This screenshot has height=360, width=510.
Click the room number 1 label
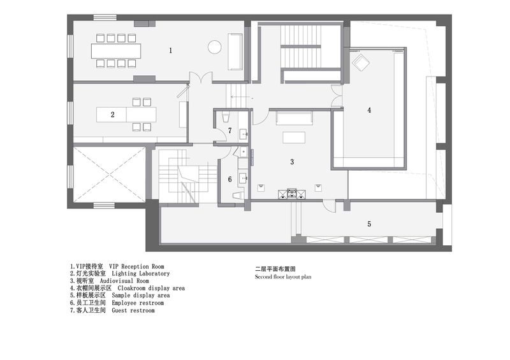coord(170,50)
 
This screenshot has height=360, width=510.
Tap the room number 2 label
coord(113,115)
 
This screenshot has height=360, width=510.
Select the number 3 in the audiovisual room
coord(292,162)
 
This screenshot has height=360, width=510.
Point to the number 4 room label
coord(369,110)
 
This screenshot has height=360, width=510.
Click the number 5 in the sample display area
coord(369,224)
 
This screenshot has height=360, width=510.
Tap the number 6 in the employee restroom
coord(230,179)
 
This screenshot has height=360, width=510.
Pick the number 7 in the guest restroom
coord(230,131)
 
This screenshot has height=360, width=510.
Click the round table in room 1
coord(214,47)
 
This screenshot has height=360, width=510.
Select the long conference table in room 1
coord(116,51)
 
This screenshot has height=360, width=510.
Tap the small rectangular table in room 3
coord(294,137)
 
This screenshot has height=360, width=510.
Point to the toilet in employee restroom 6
coord(238,195)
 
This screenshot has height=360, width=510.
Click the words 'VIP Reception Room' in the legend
coord(136,267)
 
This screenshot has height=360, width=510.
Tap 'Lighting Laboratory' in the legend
coord(140,274)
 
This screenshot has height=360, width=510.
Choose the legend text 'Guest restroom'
coord(133,310)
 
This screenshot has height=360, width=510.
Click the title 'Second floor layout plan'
coord(283,277)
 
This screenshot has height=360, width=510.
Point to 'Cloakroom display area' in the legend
coord(151,288)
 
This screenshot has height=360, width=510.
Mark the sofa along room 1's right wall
coord(235,52)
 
